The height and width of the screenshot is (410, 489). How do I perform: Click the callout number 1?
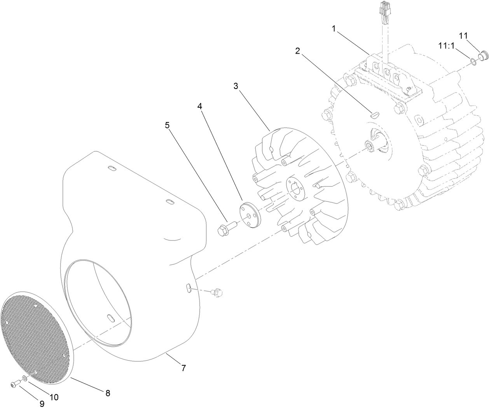tap(333, 28)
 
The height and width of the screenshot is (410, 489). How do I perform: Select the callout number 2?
tap(297, 51)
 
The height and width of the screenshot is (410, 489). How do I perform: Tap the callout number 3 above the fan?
tap(236, 86)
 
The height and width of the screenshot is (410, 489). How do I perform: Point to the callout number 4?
tap(200, 106)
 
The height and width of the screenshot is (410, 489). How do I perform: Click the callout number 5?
tap(168, 125)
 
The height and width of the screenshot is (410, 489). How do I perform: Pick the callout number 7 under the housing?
tap(183, 367)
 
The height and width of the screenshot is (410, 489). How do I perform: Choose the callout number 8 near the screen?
tap(108, 393)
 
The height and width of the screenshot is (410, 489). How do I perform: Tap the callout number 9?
tap(42, 404)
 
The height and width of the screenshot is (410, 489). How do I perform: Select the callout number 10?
tap(54, 397)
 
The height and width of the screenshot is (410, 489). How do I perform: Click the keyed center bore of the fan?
tap(297, 188)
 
